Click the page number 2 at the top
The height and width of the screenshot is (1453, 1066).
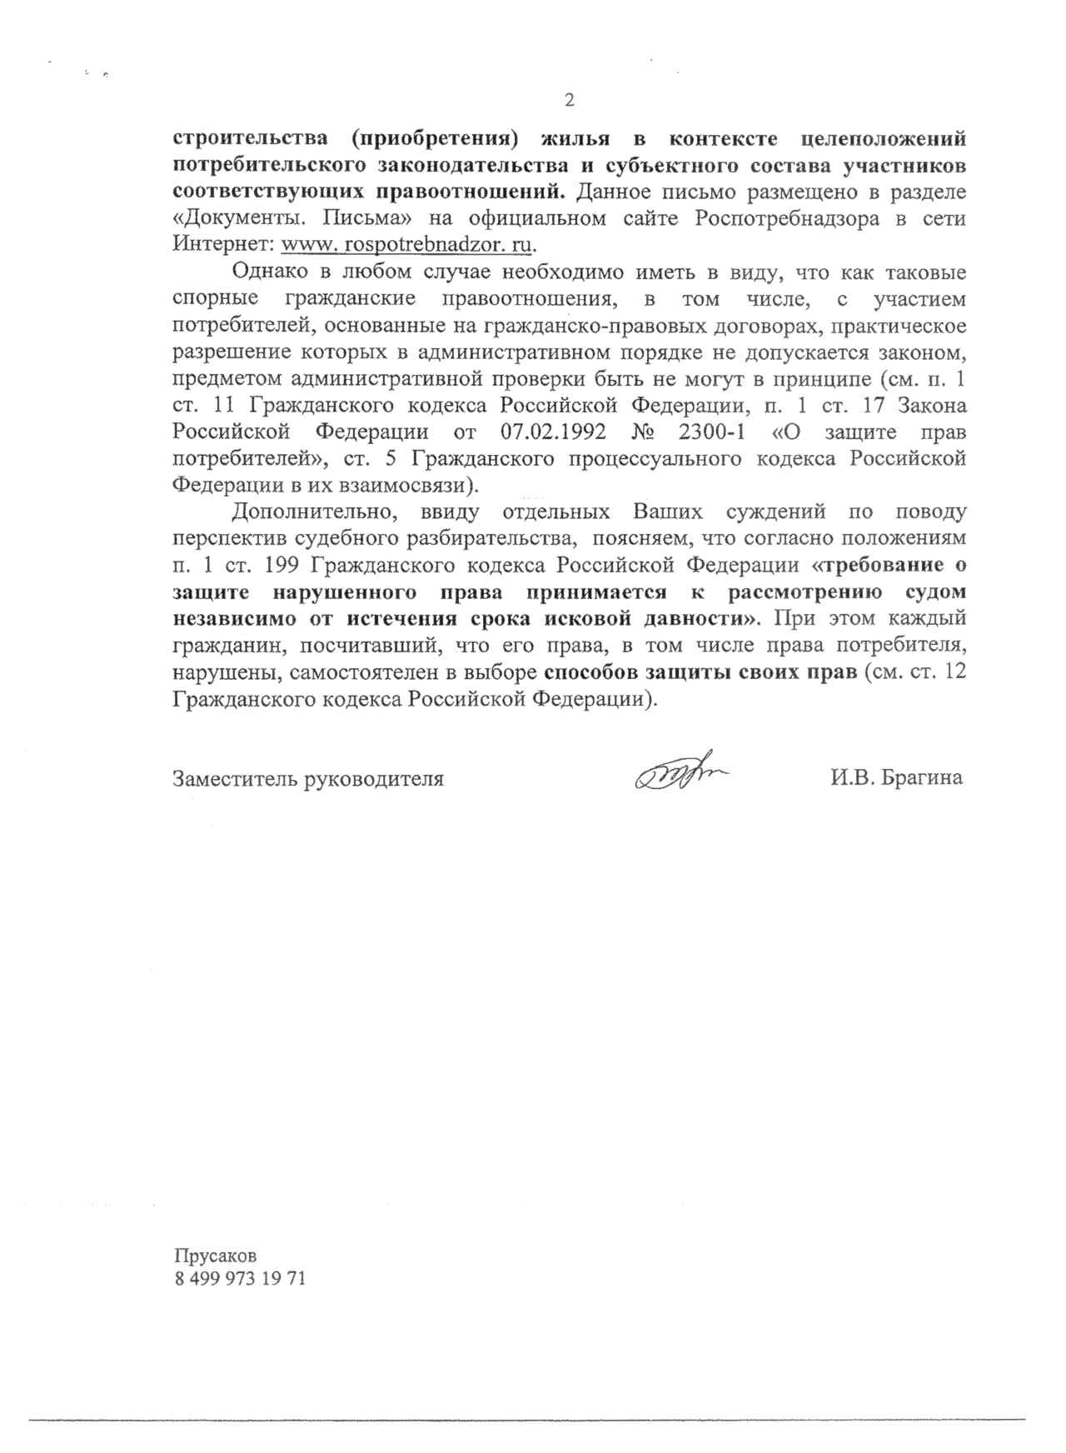coord(570,101)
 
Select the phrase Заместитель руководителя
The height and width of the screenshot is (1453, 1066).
coord(308,779)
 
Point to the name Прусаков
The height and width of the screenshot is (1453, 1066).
coord(216,1256)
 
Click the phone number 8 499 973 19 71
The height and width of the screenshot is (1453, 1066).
coord(240,1279)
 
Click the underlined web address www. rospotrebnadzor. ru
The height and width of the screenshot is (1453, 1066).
coord(407,245)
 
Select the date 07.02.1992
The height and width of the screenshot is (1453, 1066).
coord(547,432)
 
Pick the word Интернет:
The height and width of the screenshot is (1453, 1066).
coord(223,246)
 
